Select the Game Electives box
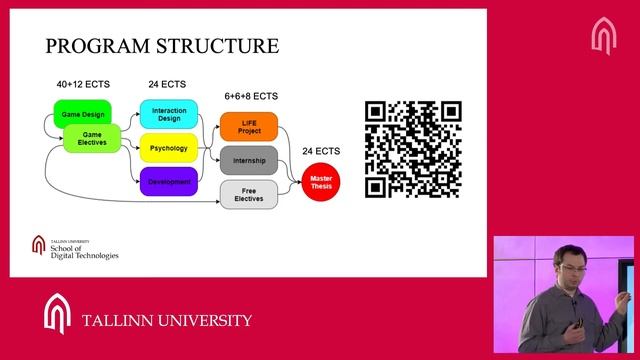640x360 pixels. point(92,139)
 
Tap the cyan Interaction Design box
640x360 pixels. point(169,114)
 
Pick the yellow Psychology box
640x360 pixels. point(169,148)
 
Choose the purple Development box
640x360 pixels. point(169,182)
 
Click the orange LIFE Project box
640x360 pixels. point(249,127)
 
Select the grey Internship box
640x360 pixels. point(249,160)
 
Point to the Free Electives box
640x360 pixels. point(249,195)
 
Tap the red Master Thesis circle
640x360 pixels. point(321,182)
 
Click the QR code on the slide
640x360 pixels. point(413,149)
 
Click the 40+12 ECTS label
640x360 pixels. point(83,84)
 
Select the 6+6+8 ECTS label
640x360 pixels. point(251,96)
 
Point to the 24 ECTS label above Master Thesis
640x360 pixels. point(321,151)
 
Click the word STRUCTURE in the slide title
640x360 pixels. point(218,46)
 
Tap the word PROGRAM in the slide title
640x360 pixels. point(97,46)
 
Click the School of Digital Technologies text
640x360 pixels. point(84,252)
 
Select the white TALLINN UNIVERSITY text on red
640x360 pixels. point(167,320)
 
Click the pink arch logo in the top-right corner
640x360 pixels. point(604,36)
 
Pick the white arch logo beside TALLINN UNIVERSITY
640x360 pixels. point(57,313)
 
